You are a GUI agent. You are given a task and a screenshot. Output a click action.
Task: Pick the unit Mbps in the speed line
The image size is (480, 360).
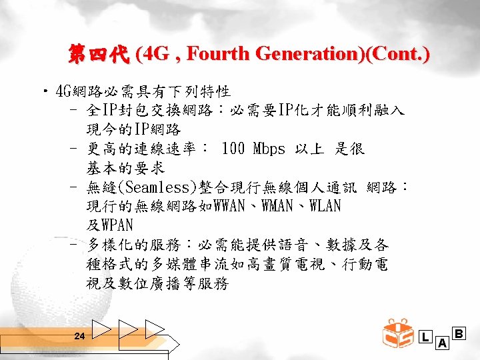point(269,149)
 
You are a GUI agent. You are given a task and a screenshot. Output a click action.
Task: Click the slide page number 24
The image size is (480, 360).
point(79,337)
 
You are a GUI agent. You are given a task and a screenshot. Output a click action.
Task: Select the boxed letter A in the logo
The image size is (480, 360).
point(441,343)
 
